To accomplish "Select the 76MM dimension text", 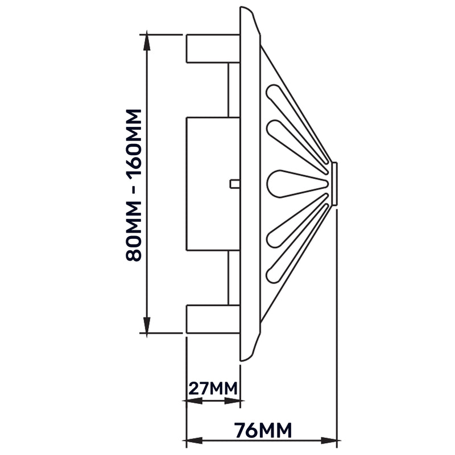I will click(x=263, y=429).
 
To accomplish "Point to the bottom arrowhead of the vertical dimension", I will click(x=147, y=328).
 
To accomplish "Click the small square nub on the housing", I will click(x=234, y=183).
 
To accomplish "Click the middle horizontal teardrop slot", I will click(x=290, y=184).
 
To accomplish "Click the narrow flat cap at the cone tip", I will click(x=334, y=184).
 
